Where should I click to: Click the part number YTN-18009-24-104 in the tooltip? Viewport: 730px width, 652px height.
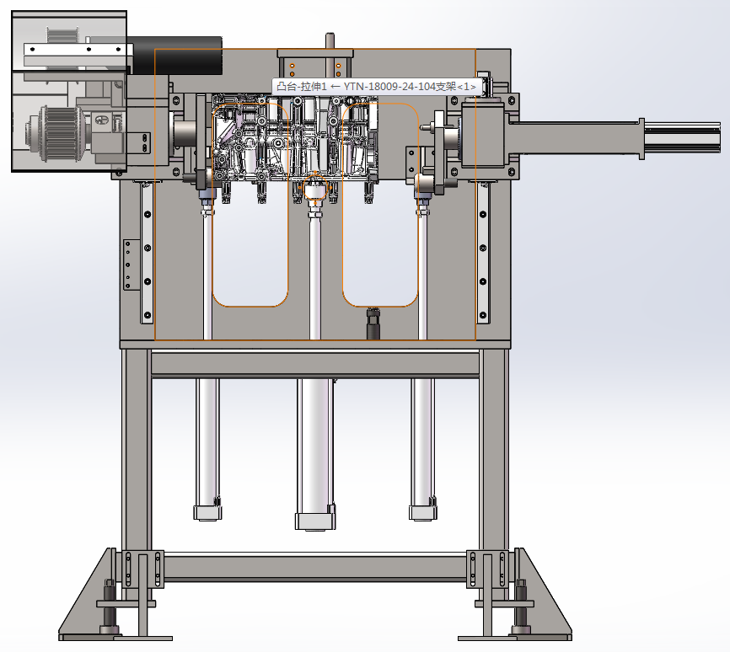400,87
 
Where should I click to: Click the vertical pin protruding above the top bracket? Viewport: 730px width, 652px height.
330,41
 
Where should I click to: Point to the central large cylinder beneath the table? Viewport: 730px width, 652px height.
315,454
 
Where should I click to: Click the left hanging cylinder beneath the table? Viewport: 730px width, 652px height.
207,449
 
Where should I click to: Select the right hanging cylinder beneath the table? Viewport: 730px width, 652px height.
422,449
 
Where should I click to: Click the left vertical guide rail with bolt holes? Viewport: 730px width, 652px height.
148,252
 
